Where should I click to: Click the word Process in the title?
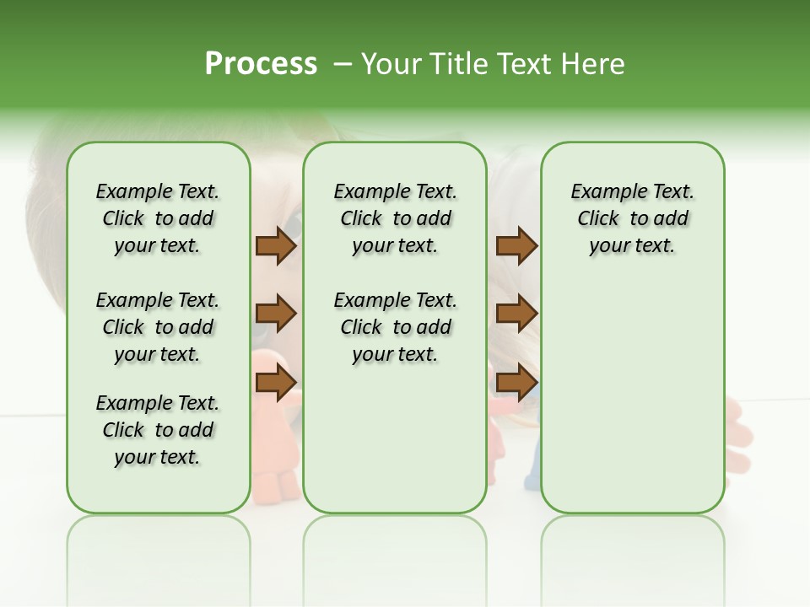(261, 64)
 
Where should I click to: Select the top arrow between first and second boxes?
(276, 246)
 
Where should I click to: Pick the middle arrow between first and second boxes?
(276, 314)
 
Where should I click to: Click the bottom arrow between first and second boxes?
(276, 383)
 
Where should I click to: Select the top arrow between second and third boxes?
(516, 246)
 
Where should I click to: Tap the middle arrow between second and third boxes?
(516, 314)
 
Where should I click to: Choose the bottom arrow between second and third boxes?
(516, 383)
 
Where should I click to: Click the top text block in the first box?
(158, 218)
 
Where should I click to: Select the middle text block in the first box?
(158, 327)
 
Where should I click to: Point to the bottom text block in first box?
(158, 430)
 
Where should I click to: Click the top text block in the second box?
(395, 218)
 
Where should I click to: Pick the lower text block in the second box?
(395, 327)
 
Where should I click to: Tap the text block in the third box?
(632, 218)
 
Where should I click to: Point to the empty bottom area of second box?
(395, 438)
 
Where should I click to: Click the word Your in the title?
(390, 64)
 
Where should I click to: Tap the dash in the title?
(342, 64)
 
